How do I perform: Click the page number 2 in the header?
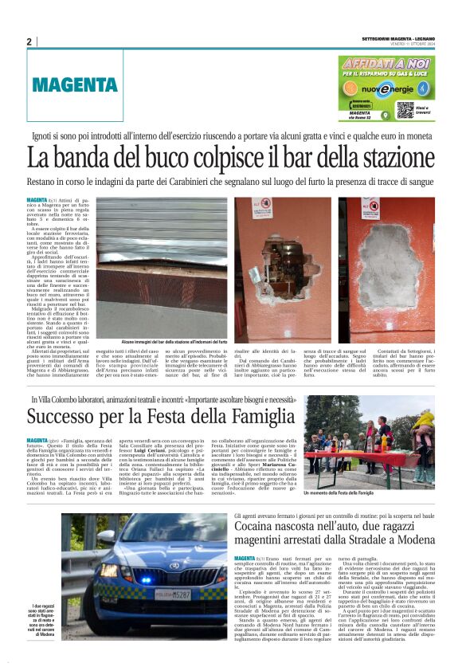click(x=29, y=41)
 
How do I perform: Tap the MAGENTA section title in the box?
click(x=76, y=84)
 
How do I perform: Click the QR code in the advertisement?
click(x=404, y=110)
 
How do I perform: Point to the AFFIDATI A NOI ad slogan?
click(x=386, y=62)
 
